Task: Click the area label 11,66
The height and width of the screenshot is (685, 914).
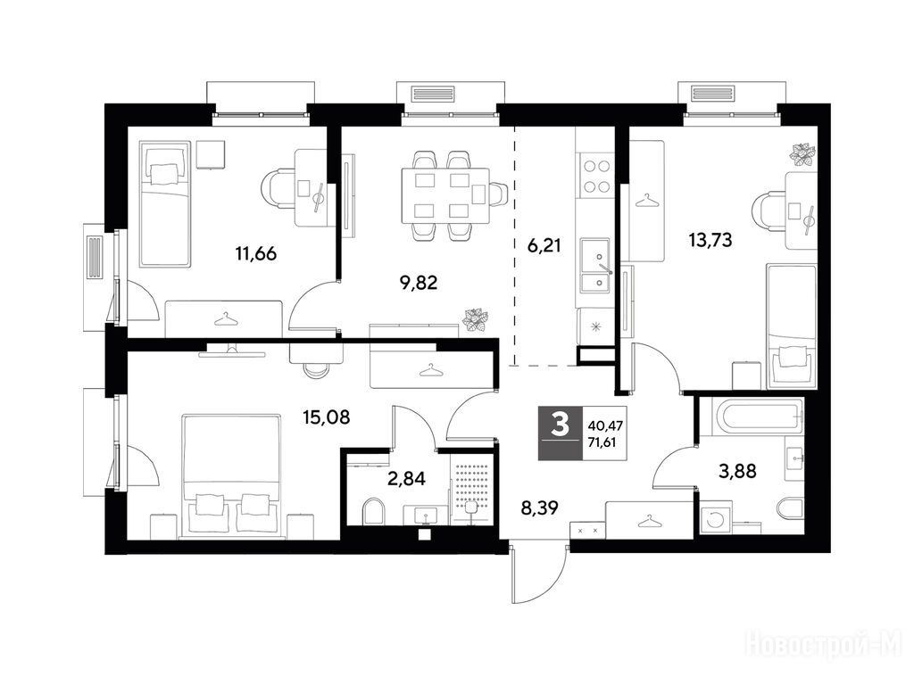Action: (x=256, y=254)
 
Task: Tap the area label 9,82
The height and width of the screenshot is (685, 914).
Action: (x=419, y=283)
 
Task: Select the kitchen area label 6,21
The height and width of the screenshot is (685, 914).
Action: (x=544, y=245)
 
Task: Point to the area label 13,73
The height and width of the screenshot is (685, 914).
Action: (x=710, y=239)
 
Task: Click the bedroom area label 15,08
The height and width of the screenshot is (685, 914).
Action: (x=327, y=417)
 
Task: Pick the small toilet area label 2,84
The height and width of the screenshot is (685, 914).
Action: (x=406, y=479)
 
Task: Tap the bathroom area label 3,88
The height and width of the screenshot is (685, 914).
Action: (x=737, y=471)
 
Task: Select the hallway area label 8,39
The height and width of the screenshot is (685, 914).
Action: (x=539, y=508)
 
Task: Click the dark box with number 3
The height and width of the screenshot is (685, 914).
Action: (x=560, y=433)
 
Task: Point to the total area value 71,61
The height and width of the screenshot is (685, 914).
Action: (x=602, y=442)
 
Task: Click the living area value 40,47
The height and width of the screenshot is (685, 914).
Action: (x=606, y=426)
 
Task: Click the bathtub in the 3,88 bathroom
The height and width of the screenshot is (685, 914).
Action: (x=752, y=417)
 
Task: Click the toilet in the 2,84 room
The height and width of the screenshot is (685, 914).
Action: (x=373, y=511)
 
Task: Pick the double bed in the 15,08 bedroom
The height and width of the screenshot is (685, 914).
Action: (x=230, y=475)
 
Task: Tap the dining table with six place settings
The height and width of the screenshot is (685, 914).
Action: (x=445, y=195)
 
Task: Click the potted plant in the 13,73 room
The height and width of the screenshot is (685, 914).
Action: (x=803, y=153)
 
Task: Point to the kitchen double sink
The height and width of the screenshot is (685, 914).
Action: (x=594, y=266)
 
